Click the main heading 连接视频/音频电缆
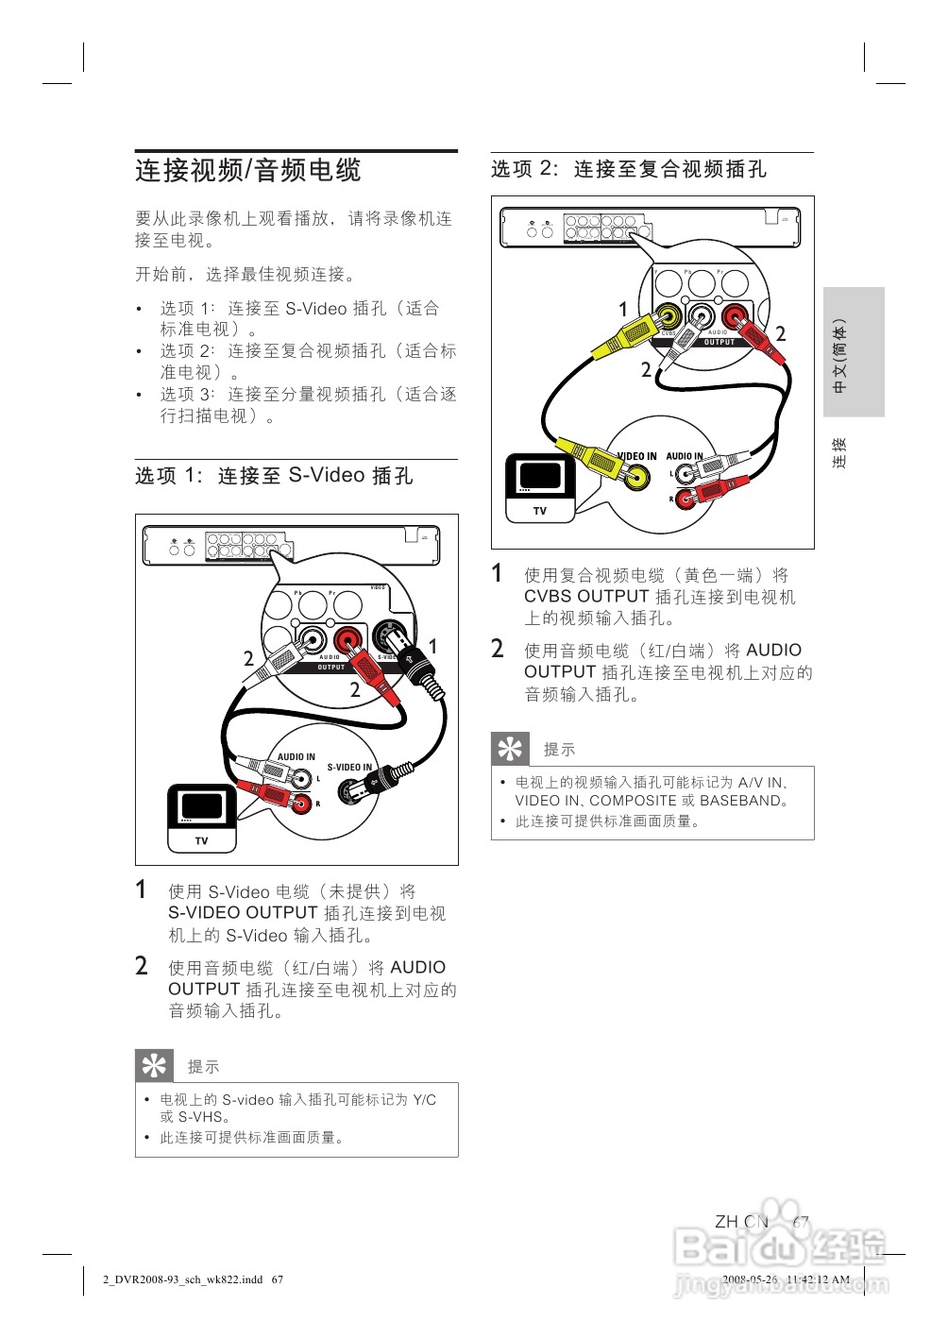[248, 171]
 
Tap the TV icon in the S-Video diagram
[201, 817]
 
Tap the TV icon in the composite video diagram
[539, 486]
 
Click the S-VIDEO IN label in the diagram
[349, 768]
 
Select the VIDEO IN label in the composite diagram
[637, 456]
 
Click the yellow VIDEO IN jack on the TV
[638, 477]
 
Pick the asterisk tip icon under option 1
[154, 1065]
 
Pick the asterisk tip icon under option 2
[510, 749]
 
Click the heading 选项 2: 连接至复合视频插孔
[629, 169]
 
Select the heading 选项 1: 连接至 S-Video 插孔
[274, 476]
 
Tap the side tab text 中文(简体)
[839, 355]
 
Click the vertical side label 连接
[839, 452]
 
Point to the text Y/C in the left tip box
[424, 1099]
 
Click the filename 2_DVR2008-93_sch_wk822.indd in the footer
[183, 1280]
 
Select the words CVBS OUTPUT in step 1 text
[586, 597]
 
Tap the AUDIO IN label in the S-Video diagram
[296, 756]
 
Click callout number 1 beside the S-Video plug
[432, 646]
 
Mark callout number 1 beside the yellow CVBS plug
[622, 309]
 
